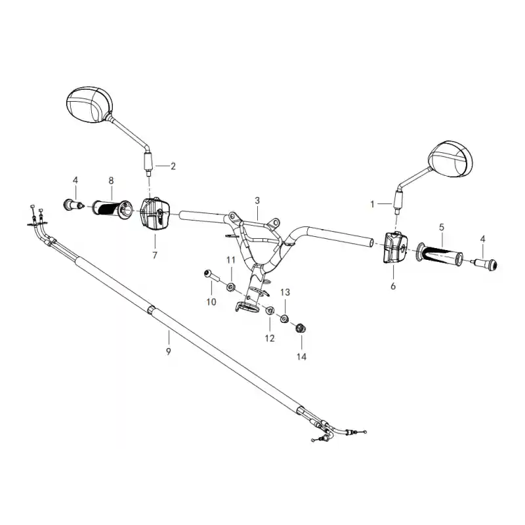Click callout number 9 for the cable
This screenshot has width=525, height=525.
click(x=168, y=351)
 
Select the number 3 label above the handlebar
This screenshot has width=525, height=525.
click(x=257, y=201)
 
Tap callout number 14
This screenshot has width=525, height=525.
click(x=301, y=356)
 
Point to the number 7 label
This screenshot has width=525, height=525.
click(x=155, y=255)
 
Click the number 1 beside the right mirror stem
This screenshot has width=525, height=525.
click(x=372, y=204)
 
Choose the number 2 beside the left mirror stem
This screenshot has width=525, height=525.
click(x=173, y=166)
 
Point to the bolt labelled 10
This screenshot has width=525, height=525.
click(x=211, y=276)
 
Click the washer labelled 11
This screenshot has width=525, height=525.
click(x=230, y=287)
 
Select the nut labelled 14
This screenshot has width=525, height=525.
click(x=301, y=328)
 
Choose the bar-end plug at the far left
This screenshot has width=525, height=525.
click(x=73, y=204)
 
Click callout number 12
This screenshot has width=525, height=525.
click(x=270, y=338)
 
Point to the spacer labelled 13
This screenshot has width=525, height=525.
click(x=285, y=318)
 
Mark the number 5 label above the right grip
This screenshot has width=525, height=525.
click(x=442, y=227)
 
